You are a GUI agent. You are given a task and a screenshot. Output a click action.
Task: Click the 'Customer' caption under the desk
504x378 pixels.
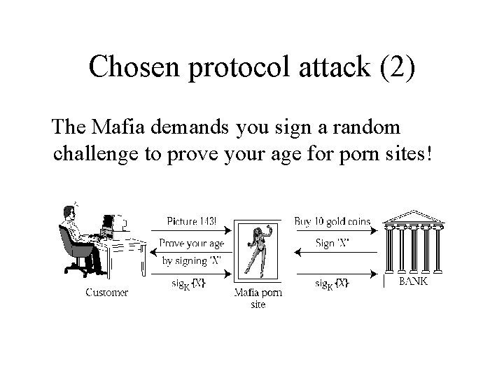106,293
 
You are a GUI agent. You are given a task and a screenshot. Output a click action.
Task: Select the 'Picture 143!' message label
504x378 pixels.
191,222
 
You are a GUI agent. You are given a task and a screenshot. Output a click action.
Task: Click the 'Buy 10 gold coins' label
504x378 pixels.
332,222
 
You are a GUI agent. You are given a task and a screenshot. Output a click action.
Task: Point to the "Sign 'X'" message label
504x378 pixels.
333,244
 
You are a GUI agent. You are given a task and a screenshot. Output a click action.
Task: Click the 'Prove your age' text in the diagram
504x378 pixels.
191,244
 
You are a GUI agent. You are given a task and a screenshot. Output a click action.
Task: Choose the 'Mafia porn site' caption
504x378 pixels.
258,298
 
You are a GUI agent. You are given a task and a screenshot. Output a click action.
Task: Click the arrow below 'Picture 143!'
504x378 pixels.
191,230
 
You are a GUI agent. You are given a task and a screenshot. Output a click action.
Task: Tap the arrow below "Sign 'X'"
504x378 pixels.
334,253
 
